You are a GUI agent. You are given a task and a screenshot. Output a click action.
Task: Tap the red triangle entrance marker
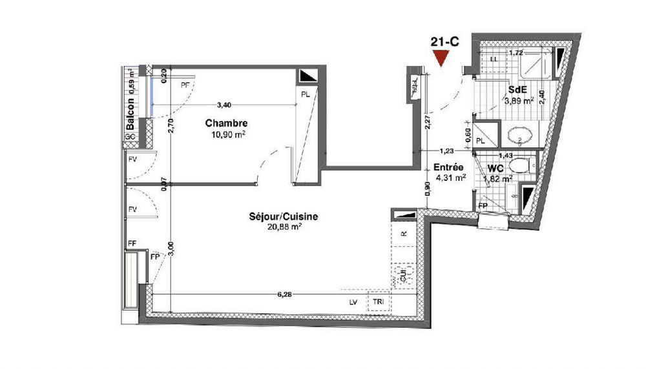coord(441,59)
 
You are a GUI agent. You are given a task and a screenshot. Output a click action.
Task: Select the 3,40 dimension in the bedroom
coord(224,104)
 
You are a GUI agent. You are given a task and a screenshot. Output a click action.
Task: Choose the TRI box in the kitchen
coord(376,302)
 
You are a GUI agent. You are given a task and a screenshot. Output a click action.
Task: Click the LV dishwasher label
coord(353,302)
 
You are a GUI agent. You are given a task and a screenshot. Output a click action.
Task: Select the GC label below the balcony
coord(130,138)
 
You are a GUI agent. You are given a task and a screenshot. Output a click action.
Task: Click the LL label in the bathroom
coord(494,59)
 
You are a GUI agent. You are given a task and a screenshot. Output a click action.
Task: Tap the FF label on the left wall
coord(132,244)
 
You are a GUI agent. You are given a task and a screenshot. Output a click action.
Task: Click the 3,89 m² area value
coord(518,101)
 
